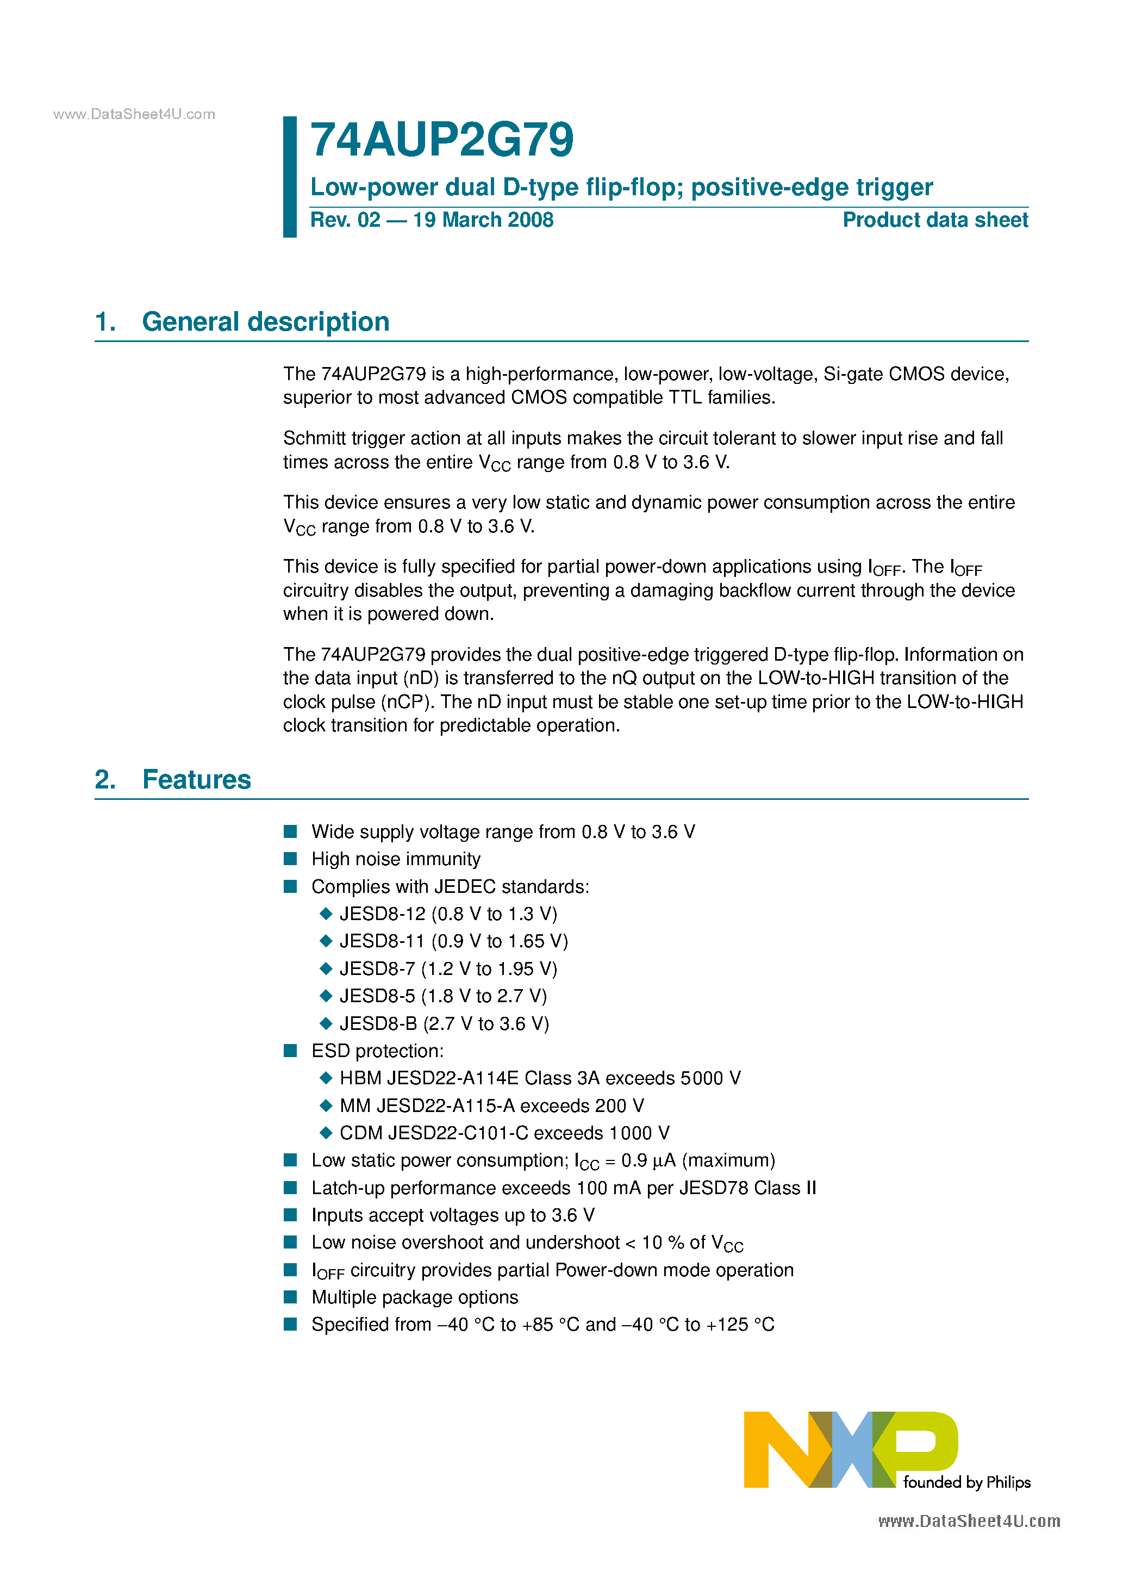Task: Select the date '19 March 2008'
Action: [483, 220]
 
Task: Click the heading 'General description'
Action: [265, 322]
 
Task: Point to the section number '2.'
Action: [105, 780]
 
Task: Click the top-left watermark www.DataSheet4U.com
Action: [134, 114]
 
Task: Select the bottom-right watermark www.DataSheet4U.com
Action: [969, 1521]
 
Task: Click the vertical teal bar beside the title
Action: [289, 177]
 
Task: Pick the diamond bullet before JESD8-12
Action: [326, 914]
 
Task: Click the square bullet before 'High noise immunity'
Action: [290, 859]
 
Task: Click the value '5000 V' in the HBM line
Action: [710, 1078]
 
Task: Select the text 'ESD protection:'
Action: [377, 1051]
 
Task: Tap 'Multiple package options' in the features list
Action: [414, 1297]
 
